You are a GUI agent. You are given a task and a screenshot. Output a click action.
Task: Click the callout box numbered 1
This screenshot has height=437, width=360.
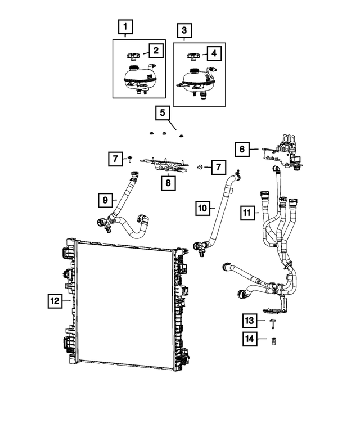pos(125,26)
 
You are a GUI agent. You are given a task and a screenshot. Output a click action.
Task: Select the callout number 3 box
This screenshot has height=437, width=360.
pos(184,30)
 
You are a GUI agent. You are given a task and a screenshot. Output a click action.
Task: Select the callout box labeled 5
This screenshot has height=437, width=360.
pos(162,114)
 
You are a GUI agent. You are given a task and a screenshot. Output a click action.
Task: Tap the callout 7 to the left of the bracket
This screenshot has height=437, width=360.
pos(115,160)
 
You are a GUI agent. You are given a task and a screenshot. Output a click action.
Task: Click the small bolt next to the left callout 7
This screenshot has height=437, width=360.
pos(130,159)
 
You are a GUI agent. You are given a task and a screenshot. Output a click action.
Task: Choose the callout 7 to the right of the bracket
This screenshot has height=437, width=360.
pos(216,166)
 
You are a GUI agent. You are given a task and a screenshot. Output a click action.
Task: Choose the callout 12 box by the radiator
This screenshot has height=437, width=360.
pos(55,301)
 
